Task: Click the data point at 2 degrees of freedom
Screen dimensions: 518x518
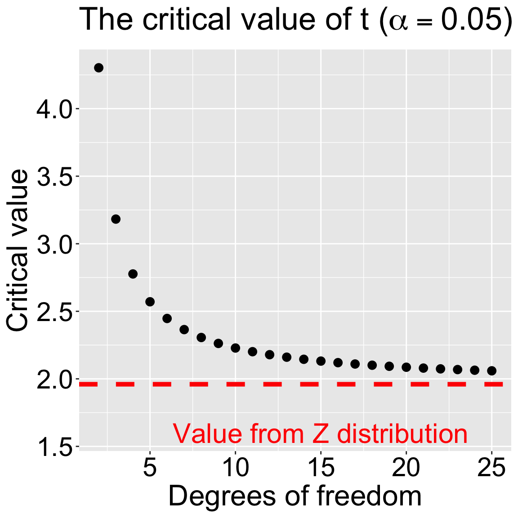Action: point(99,68)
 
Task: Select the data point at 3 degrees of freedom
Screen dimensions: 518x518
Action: point(116,219)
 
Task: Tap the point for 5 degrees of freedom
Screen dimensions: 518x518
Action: point(150,301)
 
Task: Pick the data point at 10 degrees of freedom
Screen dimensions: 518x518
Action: point(235,348)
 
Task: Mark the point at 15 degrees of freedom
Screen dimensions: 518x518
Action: point(321,361)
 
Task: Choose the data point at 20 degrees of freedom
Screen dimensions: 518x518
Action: point(406,367)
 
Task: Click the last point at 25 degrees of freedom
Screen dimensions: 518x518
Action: point(491,371)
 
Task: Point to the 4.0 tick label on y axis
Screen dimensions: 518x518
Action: point(54,109)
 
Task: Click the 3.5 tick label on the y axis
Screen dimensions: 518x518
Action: point(54,177)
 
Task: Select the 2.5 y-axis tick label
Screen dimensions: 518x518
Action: point(54,312)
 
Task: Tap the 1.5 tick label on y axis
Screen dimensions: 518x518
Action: point(54,447)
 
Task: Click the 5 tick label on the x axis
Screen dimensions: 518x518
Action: point(150,469)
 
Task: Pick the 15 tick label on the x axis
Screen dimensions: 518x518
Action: point(321,469)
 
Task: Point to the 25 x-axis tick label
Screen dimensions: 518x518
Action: point(491,469)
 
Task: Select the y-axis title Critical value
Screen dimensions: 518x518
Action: point(18,250)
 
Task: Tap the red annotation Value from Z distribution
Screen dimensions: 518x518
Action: point(320,434)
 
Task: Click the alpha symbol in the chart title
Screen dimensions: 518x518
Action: point(399,22)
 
